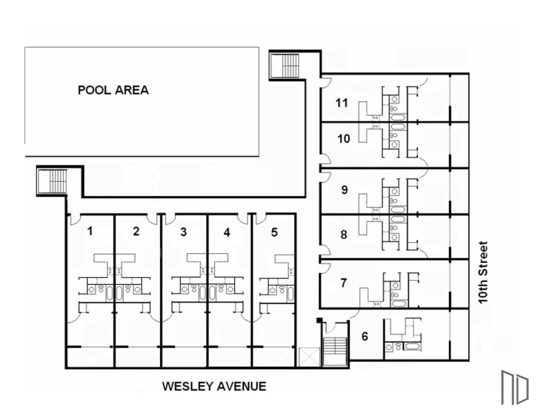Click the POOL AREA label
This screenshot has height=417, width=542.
click(113, 90)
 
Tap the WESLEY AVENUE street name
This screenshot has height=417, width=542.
click(214, 386)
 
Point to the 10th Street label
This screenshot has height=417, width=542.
click(483, 273)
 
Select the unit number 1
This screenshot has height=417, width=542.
click(90, 231)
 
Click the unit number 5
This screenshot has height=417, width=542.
click(274, 232)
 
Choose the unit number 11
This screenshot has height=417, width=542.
click(342, 103)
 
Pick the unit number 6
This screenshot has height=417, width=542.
click(365, 336)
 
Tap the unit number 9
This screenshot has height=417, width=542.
click(344, 190)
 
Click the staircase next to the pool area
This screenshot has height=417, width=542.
click(285, 66)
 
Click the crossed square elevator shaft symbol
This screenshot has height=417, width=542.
click(310, 357)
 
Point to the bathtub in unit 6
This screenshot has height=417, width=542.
click(412, 347)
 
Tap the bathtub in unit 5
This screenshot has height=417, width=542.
click(291, 294)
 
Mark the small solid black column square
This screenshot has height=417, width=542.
click(319, 320)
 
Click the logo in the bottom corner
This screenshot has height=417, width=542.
click(515, 388)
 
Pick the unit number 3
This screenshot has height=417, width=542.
click(183, 232)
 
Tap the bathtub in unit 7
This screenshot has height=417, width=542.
click(399, 304)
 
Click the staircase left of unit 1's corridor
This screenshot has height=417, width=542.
click(52, 181)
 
